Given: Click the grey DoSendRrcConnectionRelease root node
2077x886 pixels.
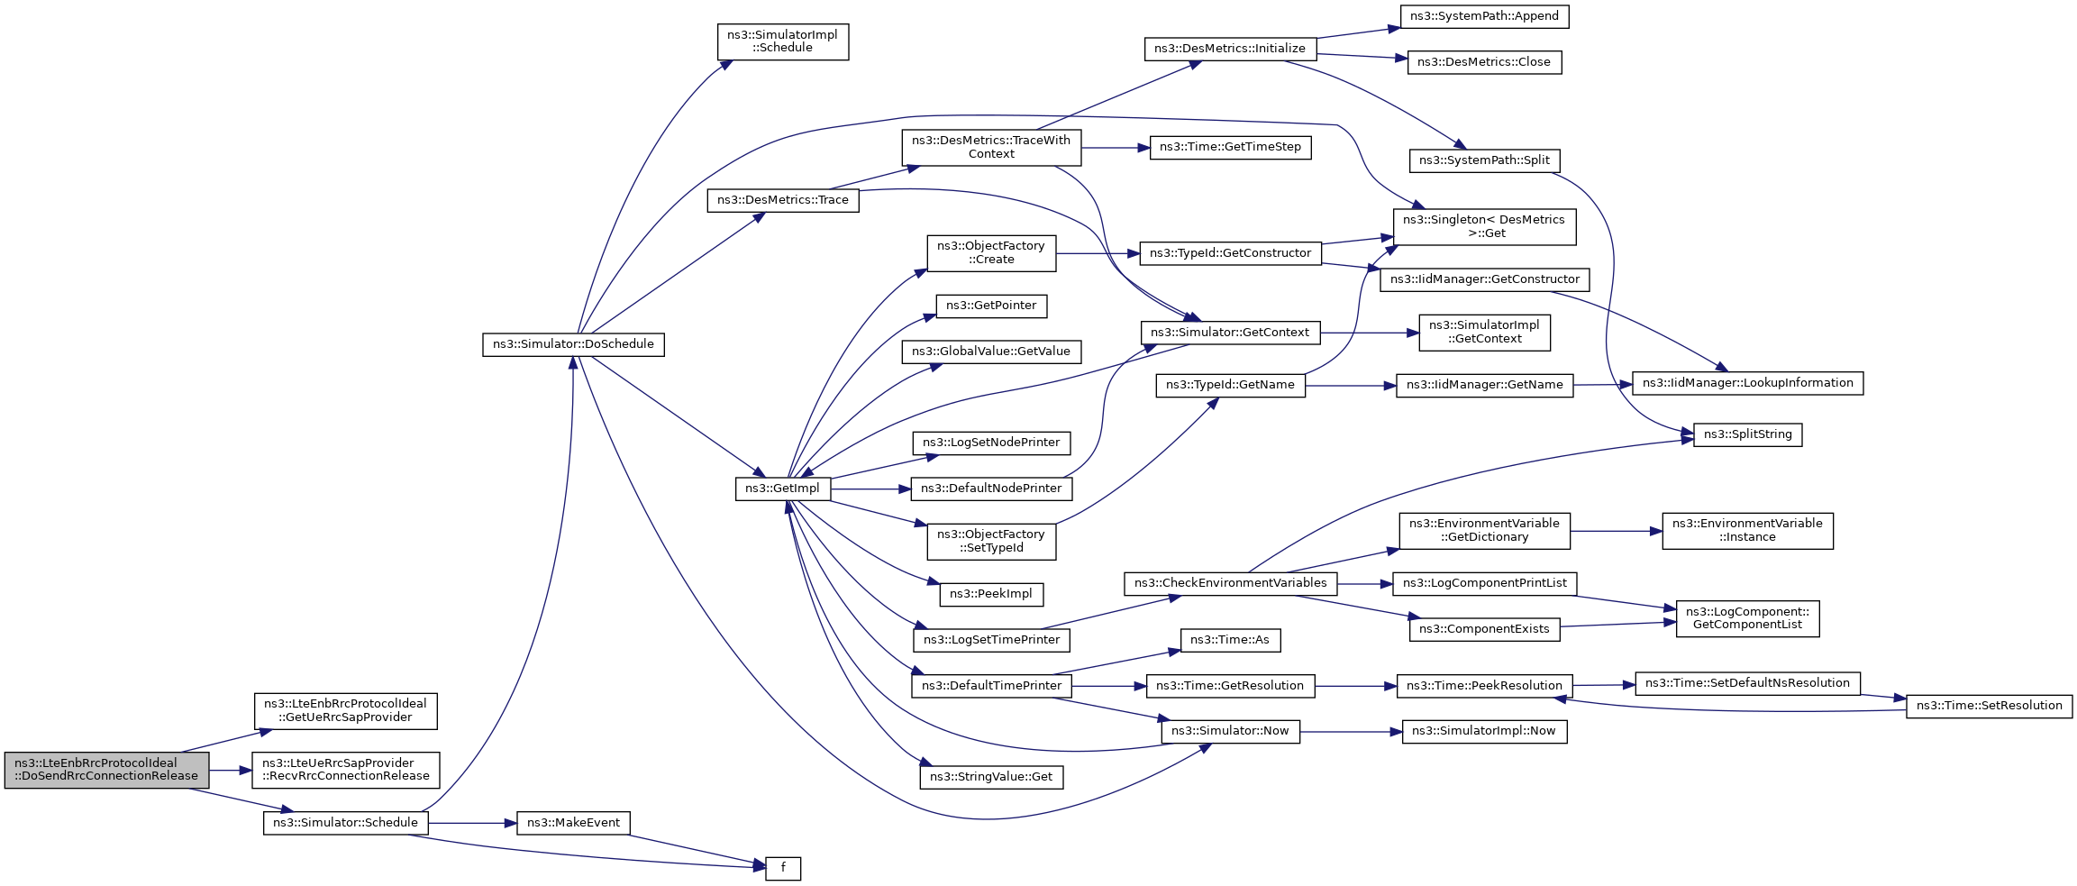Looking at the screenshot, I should point(106,770).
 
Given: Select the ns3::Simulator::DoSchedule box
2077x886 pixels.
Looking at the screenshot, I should point(573,344).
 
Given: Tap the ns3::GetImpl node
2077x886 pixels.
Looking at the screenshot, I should point(782,489).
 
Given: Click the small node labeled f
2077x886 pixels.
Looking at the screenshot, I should point(782,868).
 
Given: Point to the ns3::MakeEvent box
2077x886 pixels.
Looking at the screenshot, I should point(573,823).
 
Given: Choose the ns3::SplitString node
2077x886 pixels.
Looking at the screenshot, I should point(1747,434).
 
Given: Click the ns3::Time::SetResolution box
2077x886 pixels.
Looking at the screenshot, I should point(1989,706).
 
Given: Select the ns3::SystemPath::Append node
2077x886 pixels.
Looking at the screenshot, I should point(1484,16).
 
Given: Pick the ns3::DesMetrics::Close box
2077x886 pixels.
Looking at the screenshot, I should point(1483,62).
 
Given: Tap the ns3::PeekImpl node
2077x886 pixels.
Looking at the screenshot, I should point(991,594).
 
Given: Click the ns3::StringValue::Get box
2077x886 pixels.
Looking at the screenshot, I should point(991,777).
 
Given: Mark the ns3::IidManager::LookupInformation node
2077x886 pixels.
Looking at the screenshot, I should point(1747,383).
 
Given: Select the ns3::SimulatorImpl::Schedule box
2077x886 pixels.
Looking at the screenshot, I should point(782,41).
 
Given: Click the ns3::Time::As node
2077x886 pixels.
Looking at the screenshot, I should point(1229,640).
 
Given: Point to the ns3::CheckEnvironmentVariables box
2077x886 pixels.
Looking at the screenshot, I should point(1230,583).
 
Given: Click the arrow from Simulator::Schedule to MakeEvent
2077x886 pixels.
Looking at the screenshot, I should point(472,823).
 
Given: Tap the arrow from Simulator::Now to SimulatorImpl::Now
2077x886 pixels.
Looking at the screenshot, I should point(1351,732).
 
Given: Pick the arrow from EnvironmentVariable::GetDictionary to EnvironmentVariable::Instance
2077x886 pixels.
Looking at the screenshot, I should point(1616,531).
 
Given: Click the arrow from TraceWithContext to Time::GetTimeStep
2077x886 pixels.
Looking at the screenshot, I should point(1116,147).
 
